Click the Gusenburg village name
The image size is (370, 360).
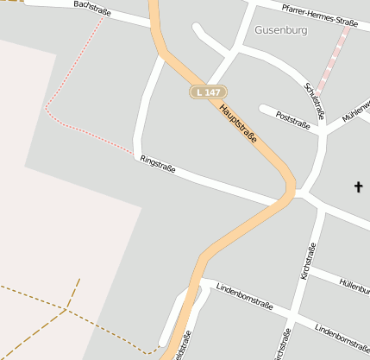280,29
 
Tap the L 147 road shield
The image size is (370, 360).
207,92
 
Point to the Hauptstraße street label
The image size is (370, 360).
239,123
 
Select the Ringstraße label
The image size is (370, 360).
158,164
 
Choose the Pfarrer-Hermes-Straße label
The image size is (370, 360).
319,13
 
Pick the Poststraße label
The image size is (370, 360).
292,119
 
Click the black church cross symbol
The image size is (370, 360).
359,186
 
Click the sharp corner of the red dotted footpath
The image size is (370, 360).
46,109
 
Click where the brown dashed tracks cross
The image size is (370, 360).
66,308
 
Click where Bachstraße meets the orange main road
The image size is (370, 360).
155,24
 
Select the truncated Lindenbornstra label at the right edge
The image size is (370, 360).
342,333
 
